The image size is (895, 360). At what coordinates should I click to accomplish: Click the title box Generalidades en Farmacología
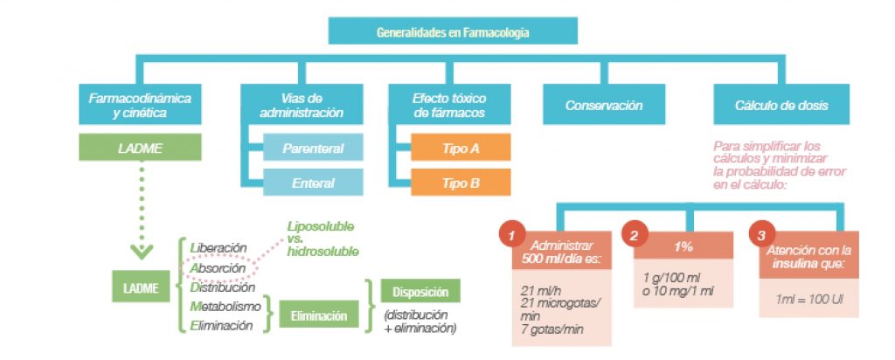(x=453, y=32)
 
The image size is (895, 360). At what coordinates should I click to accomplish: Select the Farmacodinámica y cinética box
(x=140, y=105)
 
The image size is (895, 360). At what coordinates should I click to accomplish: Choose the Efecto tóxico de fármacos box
(x=449, y=105)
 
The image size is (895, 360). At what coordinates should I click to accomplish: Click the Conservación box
(x=604, y=105)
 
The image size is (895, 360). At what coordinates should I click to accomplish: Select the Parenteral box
(x=313, y=148)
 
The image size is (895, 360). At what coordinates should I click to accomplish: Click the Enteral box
(x=313, y=183)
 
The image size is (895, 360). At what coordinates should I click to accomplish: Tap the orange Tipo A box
(x=461, y=148)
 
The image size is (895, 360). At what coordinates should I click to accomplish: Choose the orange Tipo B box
(x=461, y=183)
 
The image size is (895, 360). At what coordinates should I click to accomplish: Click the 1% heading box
(x=684, y=247)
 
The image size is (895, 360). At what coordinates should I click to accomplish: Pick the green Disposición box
(x=420, y=293)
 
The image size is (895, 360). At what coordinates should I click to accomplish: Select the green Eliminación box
(x=319, y=316)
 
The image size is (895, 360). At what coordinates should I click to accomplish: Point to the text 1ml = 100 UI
(x=807, y=300)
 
